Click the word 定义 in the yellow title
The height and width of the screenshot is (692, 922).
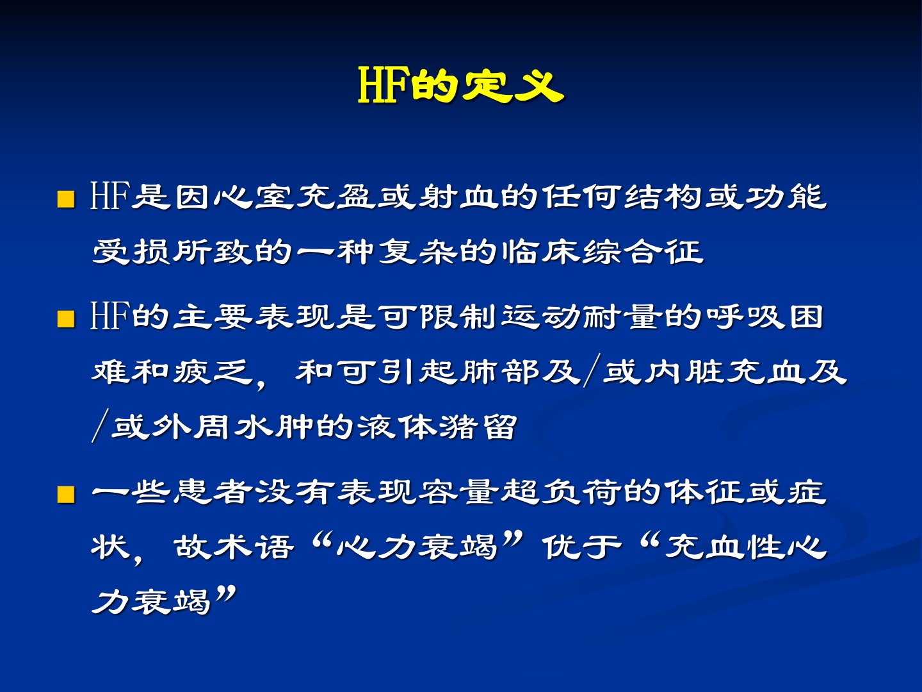coord(512,86)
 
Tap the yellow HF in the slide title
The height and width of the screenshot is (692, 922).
coord(383,86)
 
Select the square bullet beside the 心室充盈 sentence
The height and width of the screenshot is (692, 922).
coord(66,199)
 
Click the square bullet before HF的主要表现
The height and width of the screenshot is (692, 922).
coord(66,319)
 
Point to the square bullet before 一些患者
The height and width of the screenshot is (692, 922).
coord(66,494)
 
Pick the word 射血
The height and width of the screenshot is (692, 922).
coord(457,197)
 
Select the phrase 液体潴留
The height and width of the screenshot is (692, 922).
coord(437,427)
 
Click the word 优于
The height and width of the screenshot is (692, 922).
coord(581,547)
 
